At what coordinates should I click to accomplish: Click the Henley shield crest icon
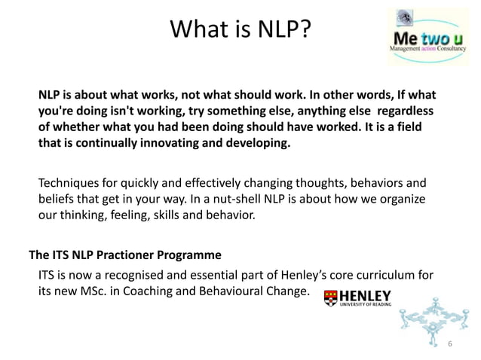point(330,297)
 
